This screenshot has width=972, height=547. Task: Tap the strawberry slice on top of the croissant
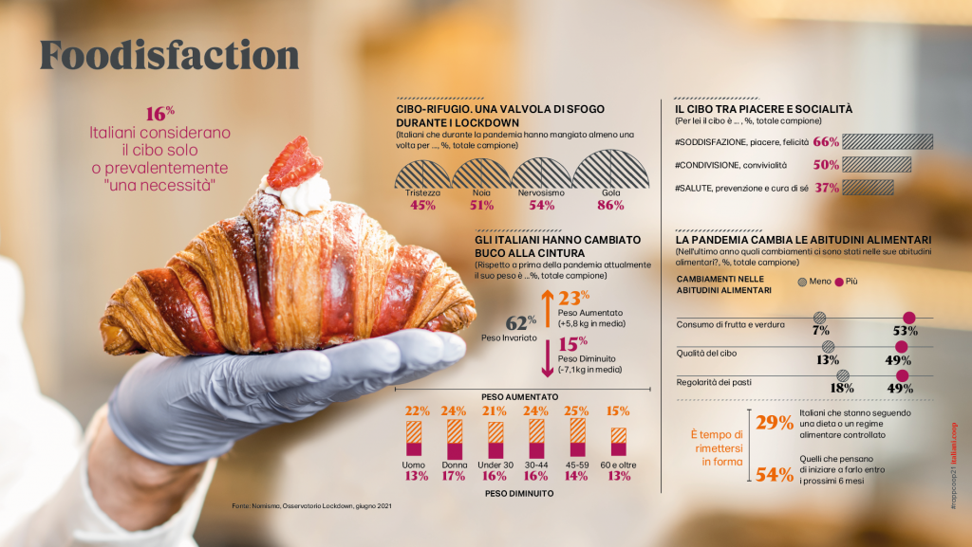[x=293, y=164]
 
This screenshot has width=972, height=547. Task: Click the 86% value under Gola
[x=610, y=205]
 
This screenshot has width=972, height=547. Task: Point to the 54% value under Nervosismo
[x=541, y=205]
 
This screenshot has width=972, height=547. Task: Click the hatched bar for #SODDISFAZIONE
[x=888, y=141]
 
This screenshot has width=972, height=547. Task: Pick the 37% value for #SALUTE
[x=827, y=188]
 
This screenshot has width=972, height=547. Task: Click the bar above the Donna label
[x=455, y=440]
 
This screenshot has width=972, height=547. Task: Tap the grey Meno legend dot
[x=802, y=282]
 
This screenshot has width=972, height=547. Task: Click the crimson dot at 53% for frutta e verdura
[x=908, y=318]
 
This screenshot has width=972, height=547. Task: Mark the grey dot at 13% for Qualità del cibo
[x=829, y=347]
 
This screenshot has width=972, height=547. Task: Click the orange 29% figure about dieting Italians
[x=775, y=424]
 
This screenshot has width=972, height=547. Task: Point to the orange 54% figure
[x=775, y=475]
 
